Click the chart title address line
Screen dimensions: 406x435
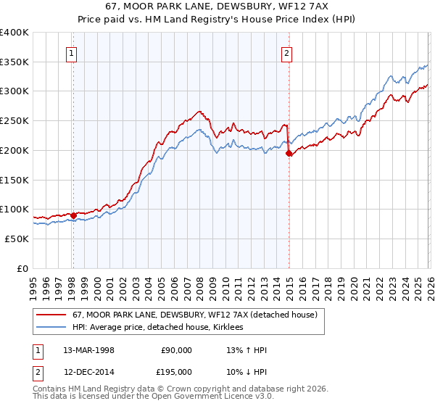point(217,7)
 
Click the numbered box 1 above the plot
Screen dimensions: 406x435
point(72,53)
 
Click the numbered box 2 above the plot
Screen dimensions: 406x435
point(288,53)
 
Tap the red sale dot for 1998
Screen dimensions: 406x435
point(73,215)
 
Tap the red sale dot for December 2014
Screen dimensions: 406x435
point(289,153)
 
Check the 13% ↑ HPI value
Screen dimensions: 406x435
point(247,350)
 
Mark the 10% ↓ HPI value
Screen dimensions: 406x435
point(247,371)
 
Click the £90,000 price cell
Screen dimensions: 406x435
point(176,350)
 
